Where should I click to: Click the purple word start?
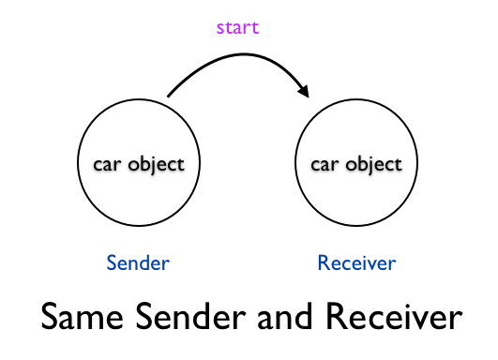[237, 27]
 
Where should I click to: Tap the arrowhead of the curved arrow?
[304, 91]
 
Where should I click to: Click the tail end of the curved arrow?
[169, 96]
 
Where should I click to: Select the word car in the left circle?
[108, 164]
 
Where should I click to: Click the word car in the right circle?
[324, 164]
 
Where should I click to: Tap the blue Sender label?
[138, 262]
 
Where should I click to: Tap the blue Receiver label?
[356, 262]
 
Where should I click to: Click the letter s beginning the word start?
[220, 28]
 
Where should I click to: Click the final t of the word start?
[255, 27]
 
